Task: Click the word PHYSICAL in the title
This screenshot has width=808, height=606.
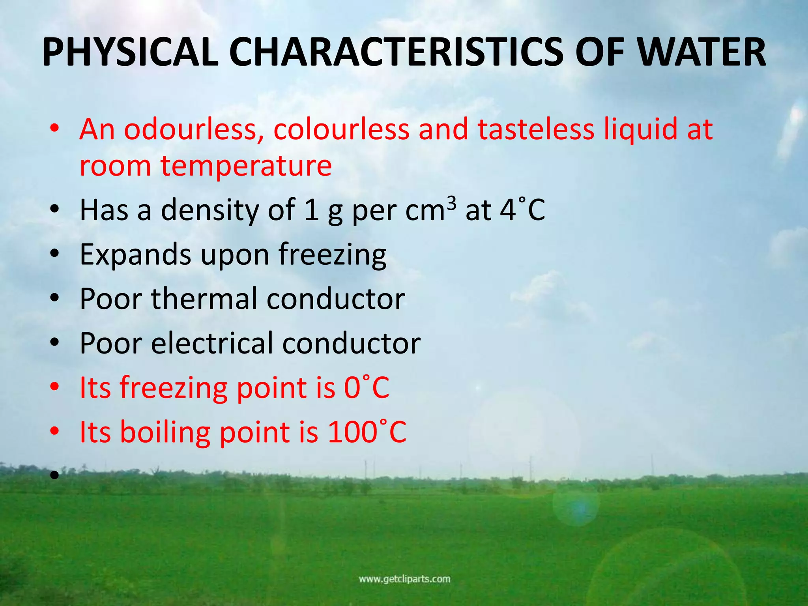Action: pyautogui.click(x=130, y=52)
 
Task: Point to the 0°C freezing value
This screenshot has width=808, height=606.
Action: pyautogui.click(x=367, y=387)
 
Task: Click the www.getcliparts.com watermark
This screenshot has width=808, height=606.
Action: pyautogui.click(x=404, y=579)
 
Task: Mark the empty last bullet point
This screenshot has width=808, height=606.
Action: pyautogui.click(x=54, y=476)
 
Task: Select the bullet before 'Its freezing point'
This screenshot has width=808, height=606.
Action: pyautogui.click(x=54, y=387)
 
